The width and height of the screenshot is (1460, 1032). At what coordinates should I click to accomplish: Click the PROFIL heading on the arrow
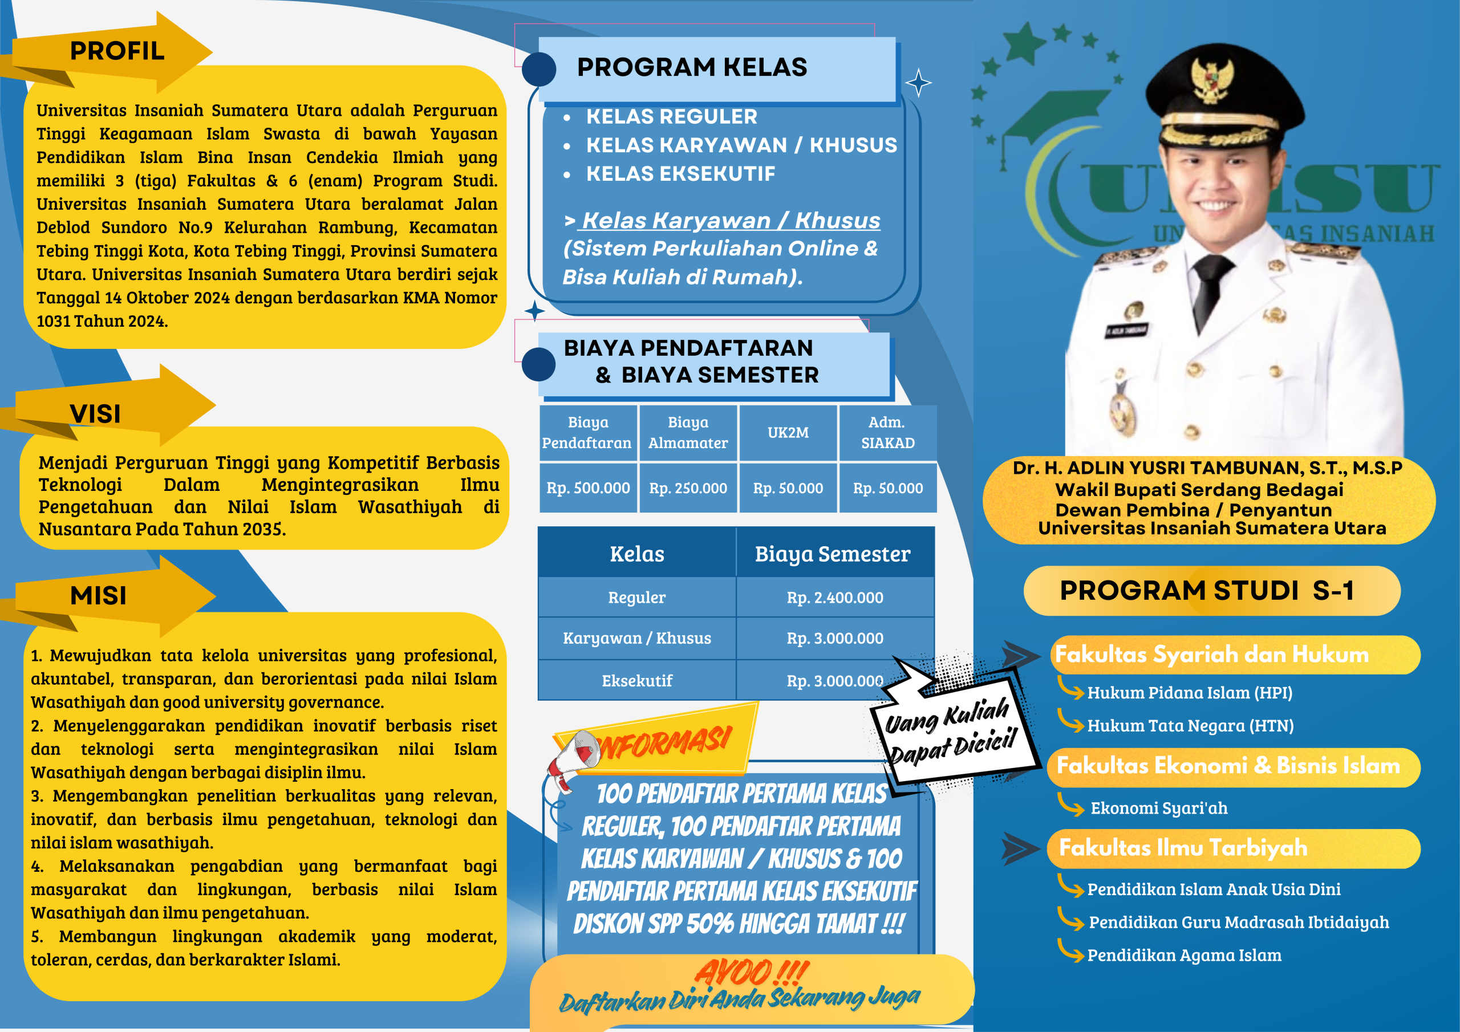117,51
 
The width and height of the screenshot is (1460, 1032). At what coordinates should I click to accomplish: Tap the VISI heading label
95,414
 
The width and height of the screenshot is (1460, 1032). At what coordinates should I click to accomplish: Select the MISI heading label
99,596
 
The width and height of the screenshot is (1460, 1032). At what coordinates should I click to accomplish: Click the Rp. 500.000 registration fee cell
588,488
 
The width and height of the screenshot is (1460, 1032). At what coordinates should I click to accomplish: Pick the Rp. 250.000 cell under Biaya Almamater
688,488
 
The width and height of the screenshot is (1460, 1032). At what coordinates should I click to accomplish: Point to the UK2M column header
788,433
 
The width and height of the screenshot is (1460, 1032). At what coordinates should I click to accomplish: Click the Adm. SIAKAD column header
888,433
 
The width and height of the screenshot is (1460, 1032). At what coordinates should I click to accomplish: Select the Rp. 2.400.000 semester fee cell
835,598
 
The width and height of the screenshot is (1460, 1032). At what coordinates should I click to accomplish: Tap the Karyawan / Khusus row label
637,639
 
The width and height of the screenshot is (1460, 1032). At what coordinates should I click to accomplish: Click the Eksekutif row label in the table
637,681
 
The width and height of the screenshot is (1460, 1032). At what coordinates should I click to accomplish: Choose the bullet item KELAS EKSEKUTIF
680,173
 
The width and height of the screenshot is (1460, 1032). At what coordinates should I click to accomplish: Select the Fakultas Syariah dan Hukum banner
1234,655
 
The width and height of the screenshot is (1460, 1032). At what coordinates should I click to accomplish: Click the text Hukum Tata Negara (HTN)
1190,725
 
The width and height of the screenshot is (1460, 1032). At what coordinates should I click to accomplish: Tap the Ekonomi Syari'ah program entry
1158,808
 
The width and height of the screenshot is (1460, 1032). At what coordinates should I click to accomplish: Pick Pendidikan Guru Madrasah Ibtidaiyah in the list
1239,923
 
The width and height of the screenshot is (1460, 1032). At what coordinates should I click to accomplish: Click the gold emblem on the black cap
1211,79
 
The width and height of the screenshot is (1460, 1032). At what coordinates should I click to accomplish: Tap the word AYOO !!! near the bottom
751,972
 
